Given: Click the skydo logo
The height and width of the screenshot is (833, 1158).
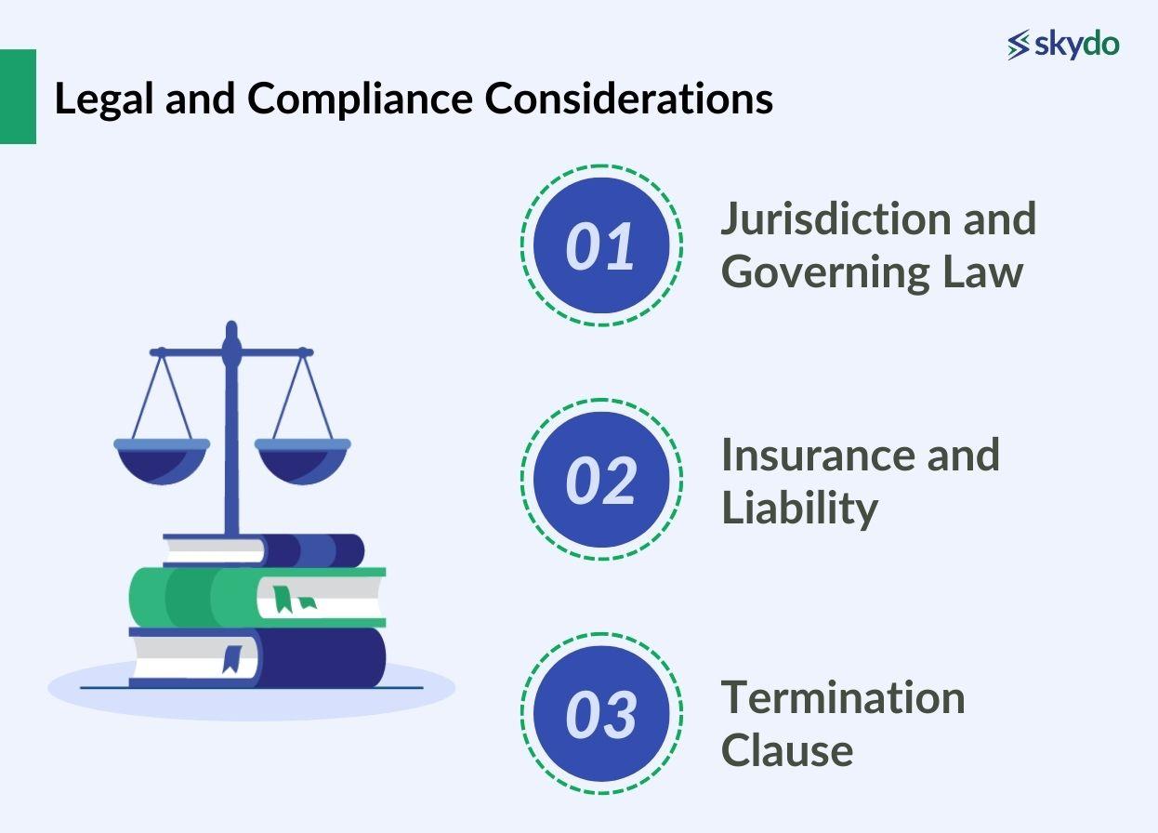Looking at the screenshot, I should pyautogui.click(x=1063, y=45).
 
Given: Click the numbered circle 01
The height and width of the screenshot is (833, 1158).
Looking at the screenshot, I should pyautogui.click(x=601, y=246).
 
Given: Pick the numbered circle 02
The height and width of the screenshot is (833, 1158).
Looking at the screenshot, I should pyautogui.click(x=601, y=481).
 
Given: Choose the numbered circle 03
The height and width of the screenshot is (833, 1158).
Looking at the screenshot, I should pyautogui.click(x=601, y=714).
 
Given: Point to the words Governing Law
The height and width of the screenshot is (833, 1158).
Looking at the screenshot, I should pyautogui.click(x=872, y=271).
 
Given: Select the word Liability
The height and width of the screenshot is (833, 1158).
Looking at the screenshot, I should pyautogui.click(x=799, y=508).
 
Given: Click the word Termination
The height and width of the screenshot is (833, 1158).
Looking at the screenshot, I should pyautogui.click(x=843, y=697).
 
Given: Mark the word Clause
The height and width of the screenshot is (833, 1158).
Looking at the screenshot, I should pyautogui.click(x=786, y=749).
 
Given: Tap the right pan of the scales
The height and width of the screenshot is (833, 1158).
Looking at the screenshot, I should pyautogui.click(x=303, y=461).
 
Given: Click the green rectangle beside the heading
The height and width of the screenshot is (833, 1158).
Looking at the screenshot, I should pyautogui.click(x=18, y=97).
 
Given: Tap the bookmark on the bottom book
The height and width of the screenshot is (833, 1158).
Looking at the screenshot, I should pyautogui.click(x=232, y=657).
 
